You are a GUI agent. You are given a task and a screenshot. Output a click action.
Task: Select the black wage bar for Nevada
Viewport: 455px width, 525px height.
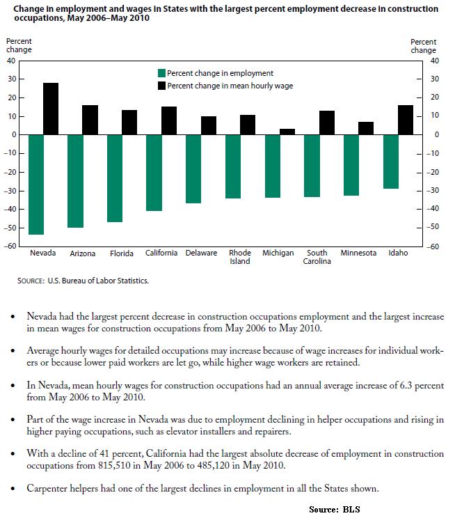pos(51,109)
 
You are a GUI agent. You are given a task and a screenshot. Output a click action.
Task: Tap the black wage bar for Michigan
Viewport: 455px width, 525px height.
pos(287,132)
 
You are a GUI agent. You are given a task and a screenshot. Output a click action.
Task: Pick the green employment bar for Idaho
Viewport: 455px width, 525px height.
pos(390,161)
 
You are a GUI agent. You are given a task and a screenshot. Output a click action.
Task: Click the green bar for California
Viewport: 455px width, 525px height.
pos(154,172)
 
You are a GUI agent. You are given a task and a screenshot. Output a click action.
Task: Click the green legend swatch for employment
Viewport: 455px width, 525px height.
pos(162,73)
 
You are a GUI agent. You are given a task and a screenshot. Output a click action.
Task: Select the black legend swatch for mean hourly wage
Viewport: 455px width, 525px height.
pos(162,86)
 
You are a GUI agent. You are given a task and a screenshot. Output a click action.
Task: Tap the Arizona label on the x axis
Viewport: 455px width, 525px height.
pos(82,253)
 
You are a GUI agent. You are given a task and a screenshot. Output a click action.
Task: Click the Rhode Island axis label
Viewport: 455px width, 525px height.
pos(240,257)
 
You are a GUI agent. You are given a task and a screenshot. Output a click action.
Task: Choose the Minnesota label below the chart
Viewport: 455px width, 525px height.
pos(358,253)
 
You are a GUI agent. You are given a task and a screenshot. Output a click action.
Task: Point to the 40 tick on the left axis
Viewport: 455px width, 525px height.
pos(10,61)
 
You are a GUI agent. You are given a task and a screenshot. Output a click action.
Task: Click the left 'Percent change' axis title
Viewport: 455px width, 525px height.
pos(19,46)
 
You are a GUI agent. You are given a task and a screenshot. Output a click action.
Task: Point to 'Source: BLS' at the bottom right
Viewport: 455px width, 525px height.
pos(335,509)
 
